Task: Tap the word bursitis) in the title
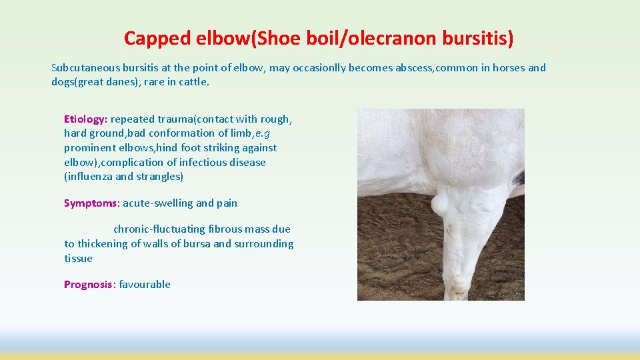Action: click(477, 39)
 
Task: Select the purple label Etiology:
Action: click(85, 119)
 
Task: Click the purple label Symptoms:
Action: click(91, 203)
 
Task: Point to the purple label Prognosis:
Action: click(89, 285)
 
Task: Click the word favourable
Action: click(145, 285)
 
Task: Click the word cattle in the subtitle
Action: click(194, 82)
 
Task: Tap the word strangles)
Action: click(160, 177)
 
